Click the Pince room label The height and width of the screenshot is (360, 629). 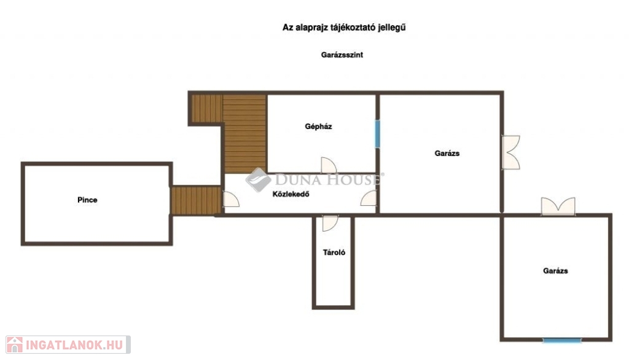point(87,200)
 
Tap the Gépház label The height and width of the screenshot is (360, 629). point(318,127)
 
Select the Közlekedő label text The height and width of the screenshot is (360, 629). point(291,194)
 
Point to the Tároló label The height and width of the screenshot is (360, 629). point(334,252)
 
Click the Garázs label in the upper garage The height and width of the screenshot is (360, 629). point(447,154)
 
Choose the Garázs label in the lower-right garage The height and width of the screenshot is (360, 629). point(555,271)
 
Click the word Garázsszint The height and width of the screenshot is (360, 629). point(342,55)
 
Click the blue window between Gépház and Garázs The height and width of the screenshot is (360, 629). point(378,134)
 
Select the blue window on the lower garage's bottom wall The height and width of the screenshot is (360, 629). point(562,340)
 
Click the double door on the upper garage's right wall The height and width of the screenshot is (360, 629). point(511,152)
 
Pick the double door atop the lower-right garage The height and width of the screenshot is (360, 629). point(558,206)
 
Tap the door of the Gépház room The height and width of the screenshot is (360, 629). point(329,165)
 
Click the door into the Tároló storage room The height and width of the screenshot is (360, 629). point(330,223)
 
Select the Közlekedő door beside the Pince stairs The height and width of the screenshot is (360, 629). point(231,200)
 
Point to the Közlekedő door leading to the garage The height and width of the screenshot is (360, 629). point(369,198)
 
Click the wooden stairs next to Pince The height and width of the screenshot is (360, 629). point(196,201)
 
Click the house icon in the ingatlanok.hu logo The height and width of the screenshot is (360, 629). point(15,345)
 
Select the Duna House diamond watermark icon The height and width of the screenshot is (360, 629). point(258,179)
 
